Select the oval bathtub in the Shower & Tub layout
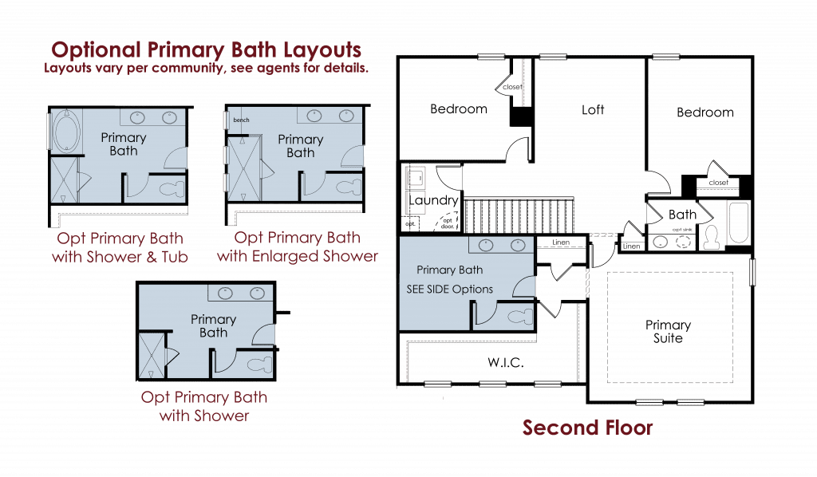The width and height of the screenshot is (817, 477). click(63, 132)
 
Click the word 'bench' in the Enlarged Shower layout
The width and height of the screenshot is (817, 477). click(241, 120)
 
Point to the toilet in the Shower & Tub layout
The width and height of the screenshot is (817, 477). click(170, 189)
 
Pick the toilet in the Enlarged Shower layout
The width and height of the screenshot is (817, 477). click(346, 188)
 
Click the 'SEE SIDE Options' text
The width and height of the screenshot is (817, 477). click(449, 289)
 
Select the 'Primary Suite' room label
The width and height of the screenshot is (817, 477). click(668, 332)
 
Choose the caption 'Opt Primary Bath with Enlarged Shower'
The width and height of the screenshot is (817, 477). click(297, 247)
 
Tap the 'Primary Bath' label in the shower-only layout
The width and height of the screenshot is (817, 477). click(213, 325)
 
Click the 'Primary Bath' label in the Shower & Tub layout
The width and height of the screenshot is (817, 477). click(124, 144)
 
